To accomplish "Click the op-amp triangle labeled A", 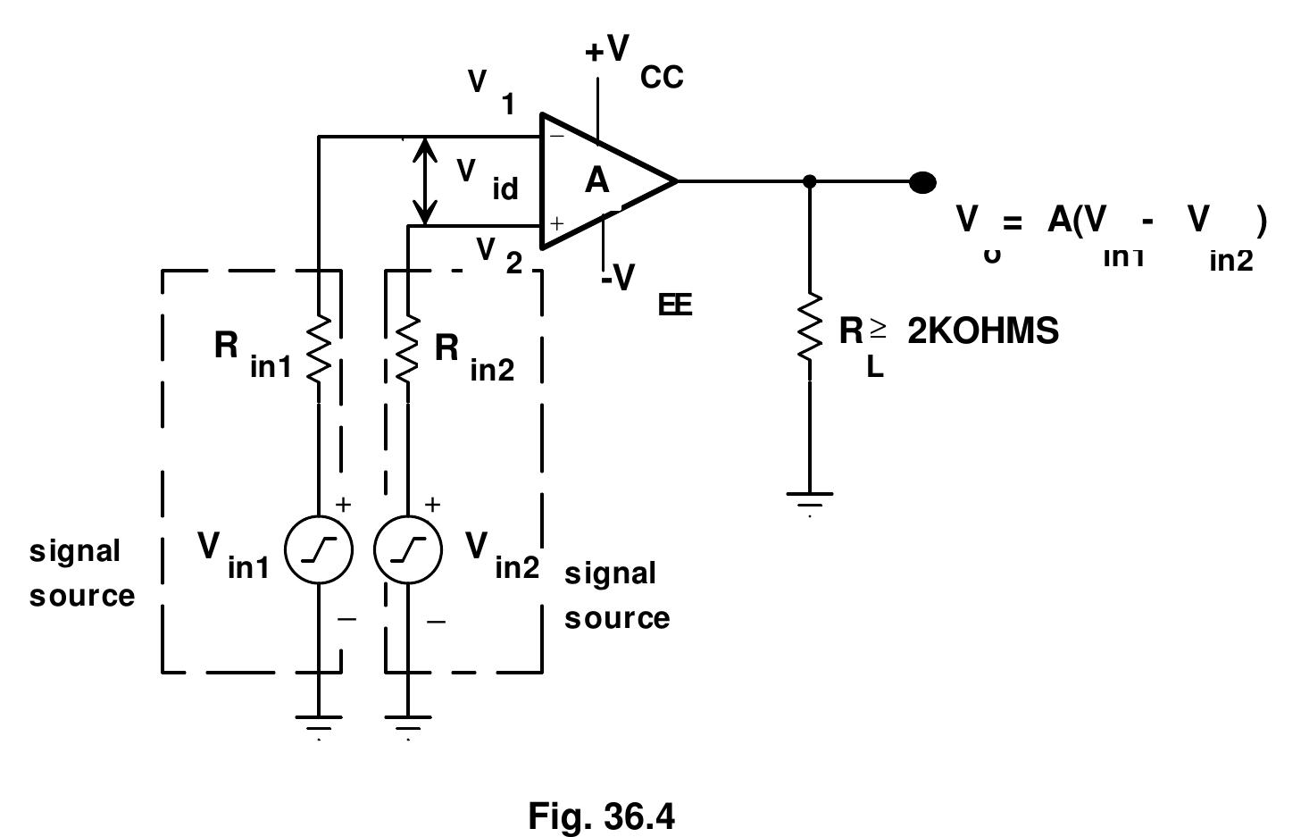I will pos(598,180).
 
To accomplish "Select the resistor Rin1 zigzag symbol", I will pos(319,348).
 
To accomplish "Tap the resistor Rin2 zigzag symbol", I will pos(407,348).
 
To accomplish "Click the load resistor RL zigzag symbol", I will pos(809,327).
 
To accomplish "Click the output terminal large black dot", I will pos(922,182).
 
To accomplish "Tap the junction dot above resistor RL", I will pos(809,181).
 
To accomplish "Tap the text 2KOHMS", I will pos(982,331).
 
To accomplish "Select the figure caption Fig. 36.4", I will pos(602,816).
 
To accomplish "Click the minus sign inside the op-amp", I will pos(556,137).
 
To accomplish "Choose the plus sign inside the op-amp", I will pos(556,223).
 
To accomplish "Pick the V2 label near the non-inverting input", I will pos(498,255).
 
